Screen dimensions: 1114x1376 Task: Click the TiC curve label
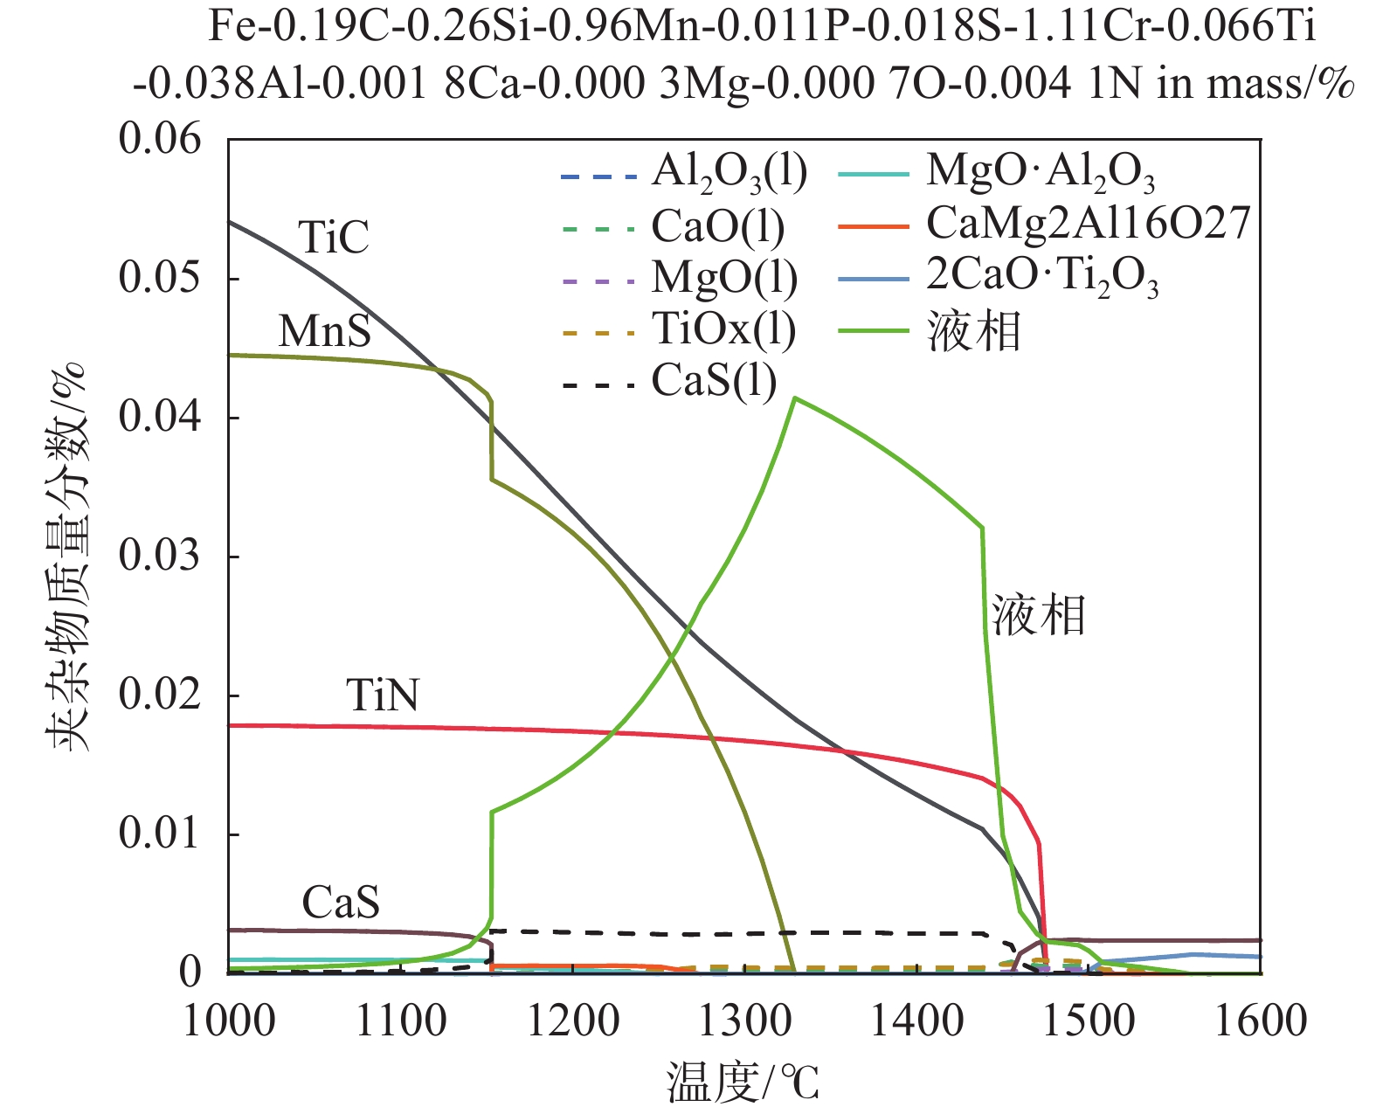click(334, 237)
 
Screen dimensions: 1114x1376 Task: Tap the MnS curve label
click(324, 331)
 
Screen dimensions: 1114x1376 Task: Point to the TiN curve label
click(382, 695)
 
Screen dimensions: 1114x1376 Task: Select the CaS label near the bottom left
click(341, 903)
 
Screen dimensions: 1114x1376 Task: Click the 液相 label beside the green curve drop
click(1039, 615)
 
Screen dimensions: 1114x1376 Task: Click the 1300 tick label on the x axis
click(745, 1021)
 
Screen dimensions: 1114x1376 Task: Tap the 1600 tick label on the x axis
click(1261, 1021)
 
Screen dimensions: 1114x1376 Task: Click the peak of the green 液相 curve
click(794, 398)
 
